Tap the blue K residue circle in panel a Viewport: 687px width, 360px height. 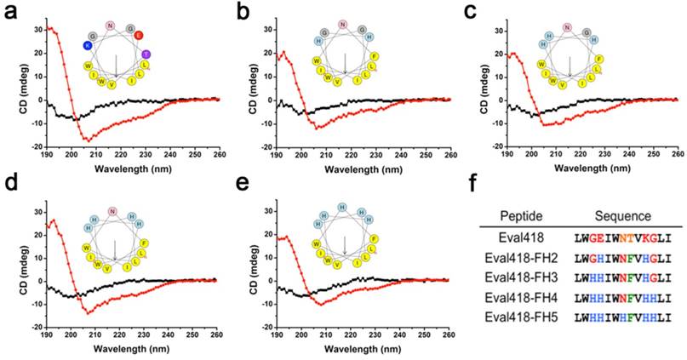click(87, 45)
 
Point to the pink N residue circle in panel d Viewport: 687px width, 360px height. click(112, 212)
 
